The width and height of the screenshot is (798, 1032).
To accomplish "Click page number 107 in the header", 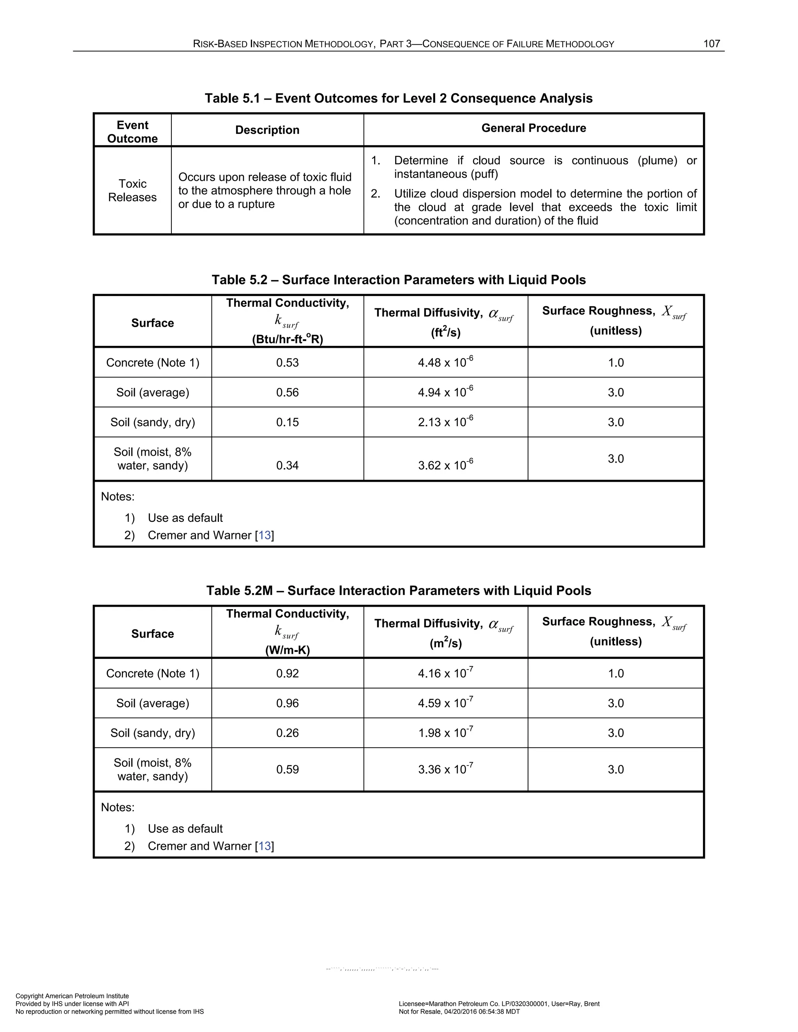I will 711,44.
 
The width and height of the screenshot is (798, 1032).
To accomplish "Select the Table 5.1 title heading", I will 398,98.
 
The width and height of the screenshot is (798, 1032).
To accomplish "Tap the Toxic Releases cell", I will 132,190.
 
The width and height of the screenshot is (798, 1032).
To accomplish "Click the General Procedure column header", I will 533,128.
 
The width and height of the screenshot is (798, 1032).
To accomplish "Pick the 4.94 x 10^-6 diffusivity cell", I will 445,392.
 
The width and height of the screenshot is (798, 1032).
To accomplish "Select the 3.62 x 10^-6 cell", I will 445,465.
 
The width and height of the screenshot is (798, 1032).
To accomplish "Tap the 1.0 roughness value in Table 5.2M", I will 616,673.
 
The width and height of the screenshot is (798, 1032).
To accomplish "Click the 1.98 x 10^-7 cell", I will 445,733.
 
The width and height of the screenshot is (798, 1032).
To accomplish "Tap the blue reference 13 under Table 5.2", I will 265,535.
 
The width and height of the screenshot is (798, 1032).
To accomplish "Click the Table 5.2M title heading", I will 398,591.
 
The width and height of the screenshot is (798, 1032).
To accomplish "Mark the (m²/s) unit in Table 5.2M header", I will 445,643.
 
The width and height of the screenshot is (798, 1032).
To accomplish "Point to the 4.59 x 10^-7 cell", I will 445,703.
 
